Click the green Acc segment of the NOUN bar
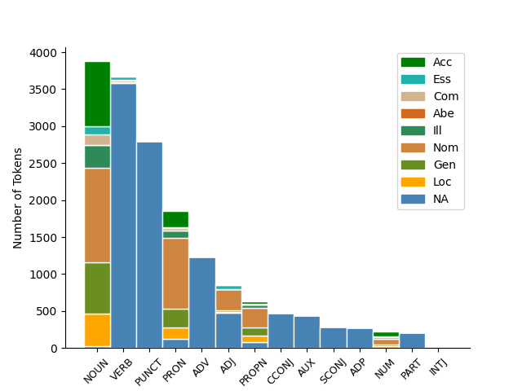97,94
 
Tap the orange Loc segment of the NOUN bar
97,330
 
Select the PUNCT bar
149,244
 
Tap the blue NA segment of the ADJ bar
228,331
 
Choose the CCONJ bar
281,331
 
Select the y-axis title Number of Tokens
18,198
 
